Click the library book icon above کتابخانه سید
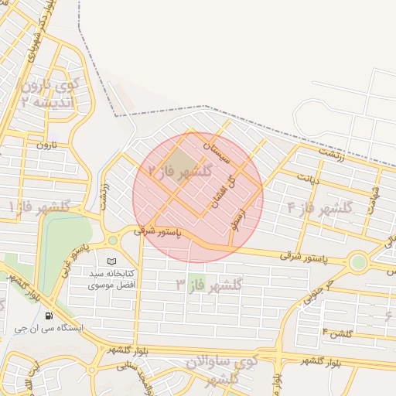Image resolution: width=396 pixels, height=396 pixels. (113, 262)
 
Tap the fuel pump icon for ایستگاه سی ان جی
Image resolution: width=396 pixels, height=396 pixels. (49, 316)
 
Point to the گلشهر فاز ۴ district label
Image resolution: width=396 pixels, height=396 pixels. (319, 207)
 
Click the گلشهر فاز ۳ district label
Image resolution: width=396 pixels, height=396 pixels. (209, 285)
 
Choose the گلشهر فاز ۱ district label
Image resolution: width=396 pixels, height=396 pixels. (39, 207)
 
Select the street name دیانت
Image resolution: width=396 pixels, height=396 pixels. (309, 176)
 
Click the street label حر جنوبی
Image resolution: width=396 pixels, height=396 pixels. (317, 291)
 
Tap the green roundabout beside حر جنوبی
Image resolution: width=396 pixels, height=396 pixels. (357, 262)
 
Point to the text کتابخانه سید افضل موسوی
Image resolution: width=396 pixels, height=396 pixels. (113, 279)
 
